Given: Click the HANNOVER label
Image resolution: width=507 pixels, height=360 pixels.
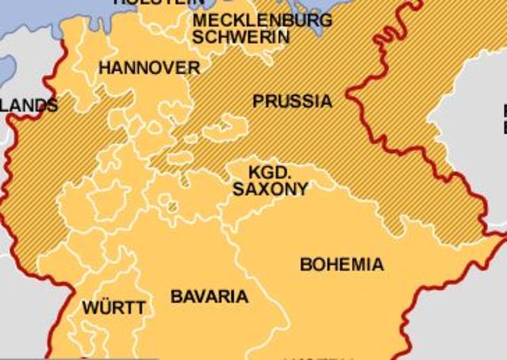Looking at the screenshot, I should [x=149, y=68].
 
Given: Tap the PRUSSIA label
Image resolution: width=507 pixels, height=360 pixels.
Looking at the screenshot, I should [x=292, y=101].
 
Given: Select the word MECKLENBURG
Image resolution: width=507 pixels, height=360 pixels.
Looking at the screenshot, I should [x=262, y=20].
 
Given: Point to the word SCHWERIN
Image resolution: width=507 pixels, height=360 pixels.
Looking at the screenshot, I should [x=241, y=36].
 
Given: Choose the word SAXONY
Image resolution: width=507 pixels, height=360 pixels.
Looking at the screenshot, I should [x=270, y=190].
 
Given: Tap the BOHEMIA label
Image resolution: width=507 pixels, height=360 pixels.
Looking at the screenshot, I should [x=341, y=265].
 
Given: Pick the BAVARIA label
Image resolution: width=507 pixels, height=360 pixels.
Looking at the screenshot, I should [x=209, y=297].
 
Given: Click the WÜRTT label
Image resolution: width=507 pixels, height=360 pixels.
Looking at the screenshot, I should [x=114, y=308].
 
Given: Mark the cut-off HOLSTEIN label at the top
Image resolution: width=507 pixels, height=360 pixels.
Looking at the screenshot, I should [x=159, y=3].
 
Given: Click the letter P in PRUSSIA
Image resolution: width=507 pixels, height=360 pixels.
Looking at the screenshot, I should [x=257, y=101].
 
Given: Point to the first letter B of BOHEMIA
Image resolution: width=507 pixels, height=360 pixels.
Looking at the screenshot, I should [x=305, y=265].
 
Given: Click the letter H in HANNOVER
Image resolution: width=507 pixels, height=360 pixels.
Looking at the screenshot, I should [x=104, y=68].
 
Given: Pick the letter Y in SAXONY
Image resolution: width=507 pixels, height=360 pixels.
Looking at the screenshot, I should [x=302, y=190].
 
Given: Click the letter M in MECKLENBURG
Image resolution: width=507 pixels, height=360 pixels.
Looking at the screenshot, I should [x=200, y=20].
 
